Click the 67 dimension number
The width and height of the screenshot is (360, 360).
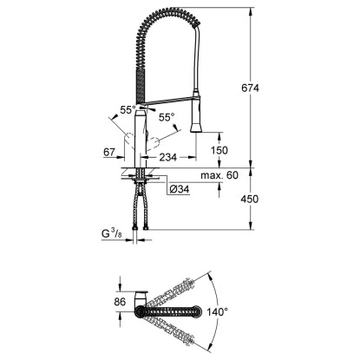(110, 153)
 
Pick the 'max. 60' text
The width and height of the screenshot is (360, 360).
(218, 174)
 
